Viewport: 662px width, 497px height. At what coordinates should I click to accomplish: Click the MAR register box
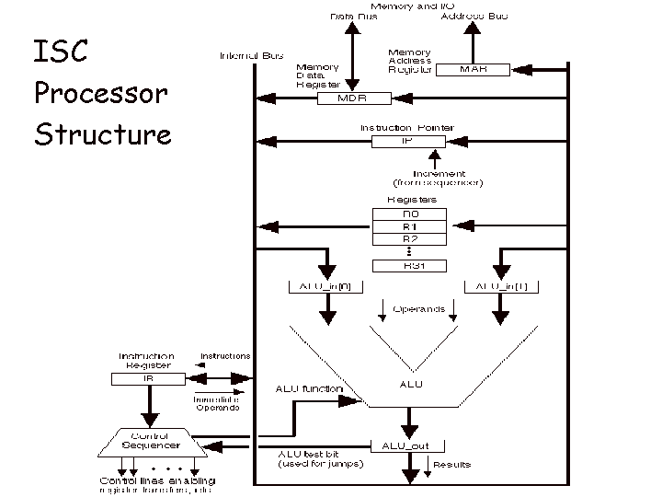pos(474,69)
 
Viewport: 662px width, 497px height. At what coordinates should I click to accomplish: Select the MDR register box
pos(354,98)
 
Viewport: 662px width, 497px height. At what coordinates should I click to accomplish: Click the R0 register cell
pos(409,214)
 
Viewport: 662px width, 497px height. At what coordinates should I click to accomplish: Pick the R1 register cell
pos(409,226)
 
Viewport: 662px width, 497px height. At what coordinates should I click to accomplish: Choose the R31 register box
pos(409,266)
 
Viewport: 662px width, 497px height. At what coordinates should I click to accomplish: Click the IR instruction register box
pos(147,377)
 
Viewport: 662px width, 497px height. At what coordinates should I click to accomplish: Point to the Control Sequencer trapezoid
pos(148,442)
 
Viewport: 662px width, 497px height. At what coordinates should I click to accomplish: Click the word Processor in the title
pos(101,93)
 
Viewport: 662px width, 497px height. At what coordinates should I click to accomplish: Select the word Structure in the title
pos(103,134)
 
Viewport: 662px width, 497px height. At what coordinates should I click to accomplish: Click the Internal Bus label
pos(251,56)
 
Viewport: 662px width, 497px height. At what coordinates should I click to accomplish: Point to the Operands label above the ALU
pos(418,309)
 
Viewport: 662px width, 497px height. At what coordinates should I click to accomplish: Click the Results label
pos(451,465)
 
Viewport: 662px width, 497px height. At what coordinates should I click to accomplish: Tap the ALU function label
pos(309,389)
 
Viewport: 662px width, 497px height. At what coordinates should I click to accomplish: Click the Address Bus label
pos(474,17)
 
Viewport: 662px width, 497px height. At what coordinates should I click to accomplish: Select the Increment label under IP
pos(439,173)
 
